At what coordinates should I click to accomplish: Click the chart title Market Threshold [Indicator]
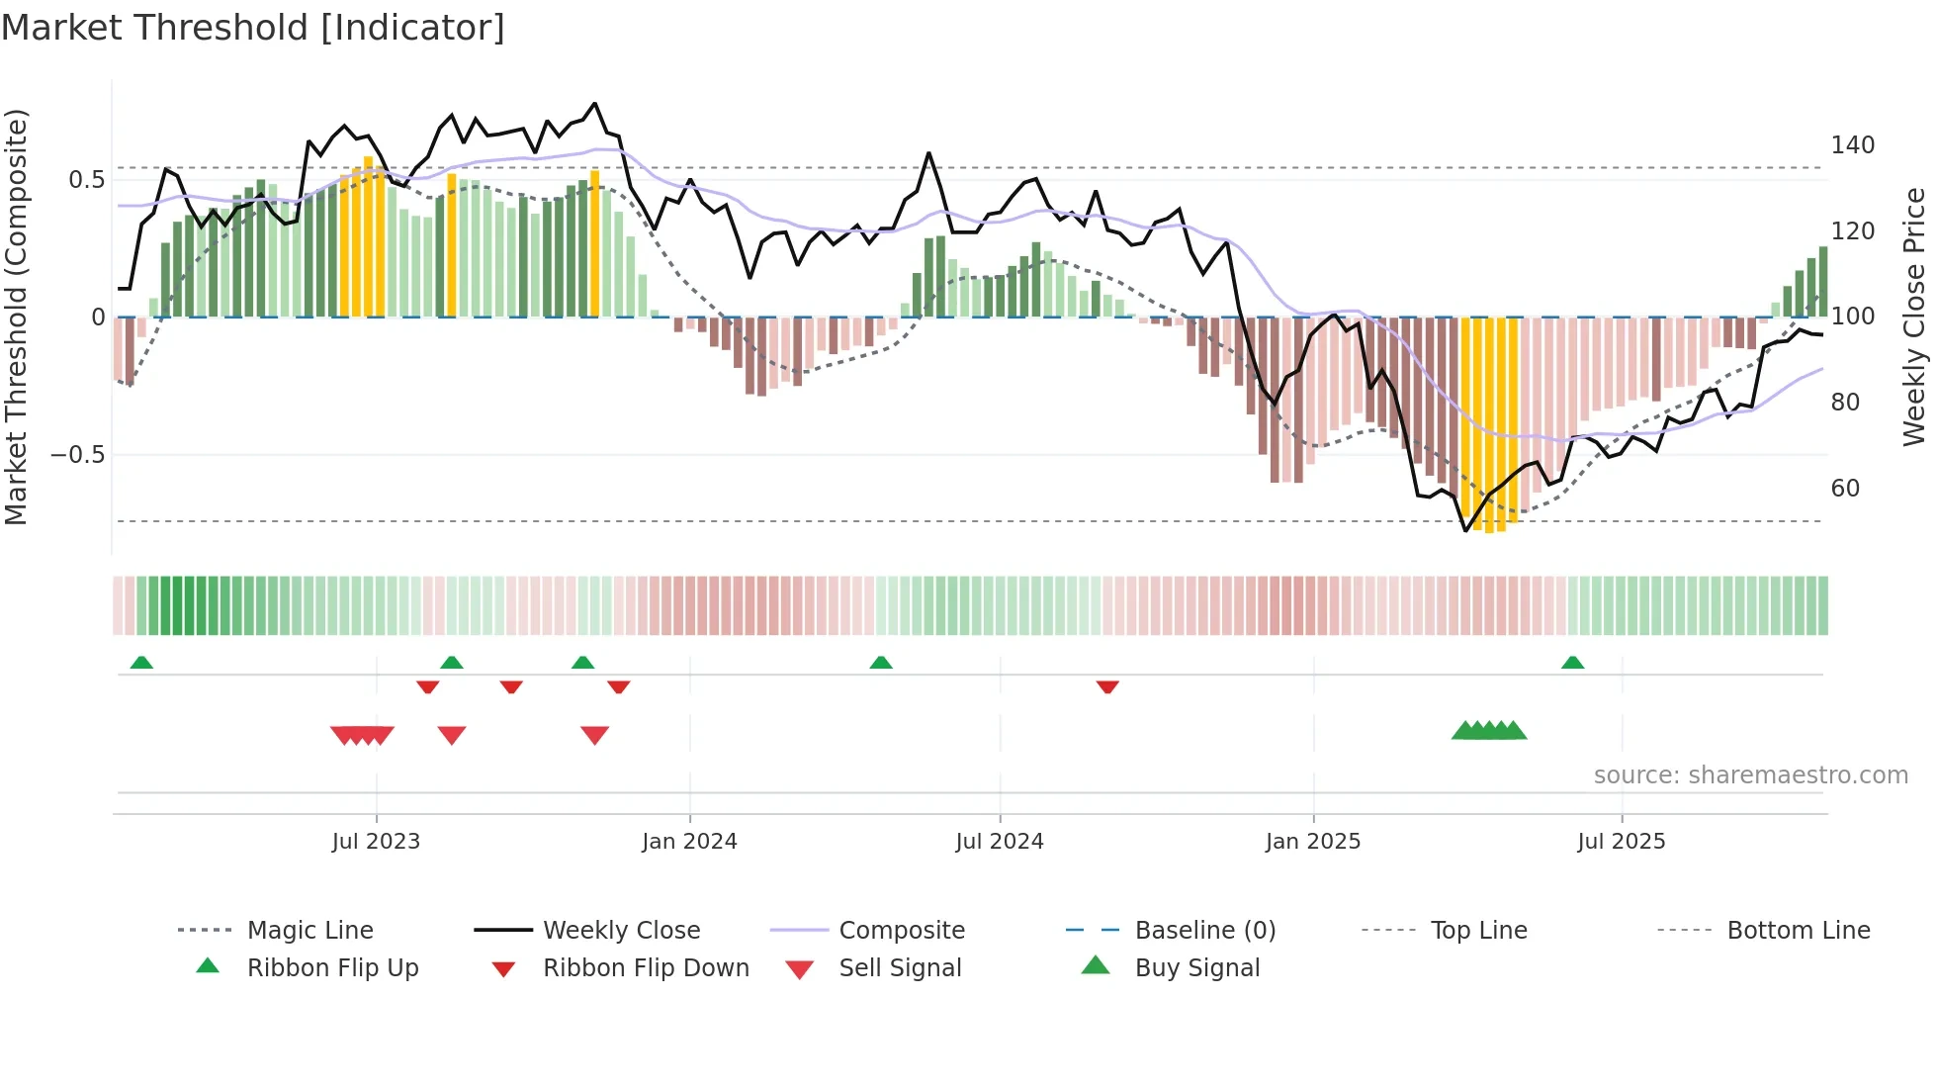pos(253,28)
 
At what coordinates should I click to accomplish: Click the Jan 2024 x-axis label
pos(689,842)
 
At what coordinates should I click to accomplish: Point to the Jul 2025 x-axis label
pos(1621,842)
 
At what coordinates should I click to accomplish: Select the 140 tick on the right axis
pos(1852,145)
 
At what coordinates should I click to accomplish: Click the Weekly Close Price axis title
pos(1914,317)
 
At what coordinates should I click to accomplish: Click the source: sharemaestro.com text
pos(1750,775)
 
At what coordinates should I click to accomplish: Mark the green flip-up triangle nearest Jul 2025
pos(1572,663)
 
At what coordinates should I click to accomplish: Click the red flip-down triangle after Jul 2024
pos(1107,686)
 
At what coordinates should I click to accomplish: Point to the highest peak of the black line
pos(594,103)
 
